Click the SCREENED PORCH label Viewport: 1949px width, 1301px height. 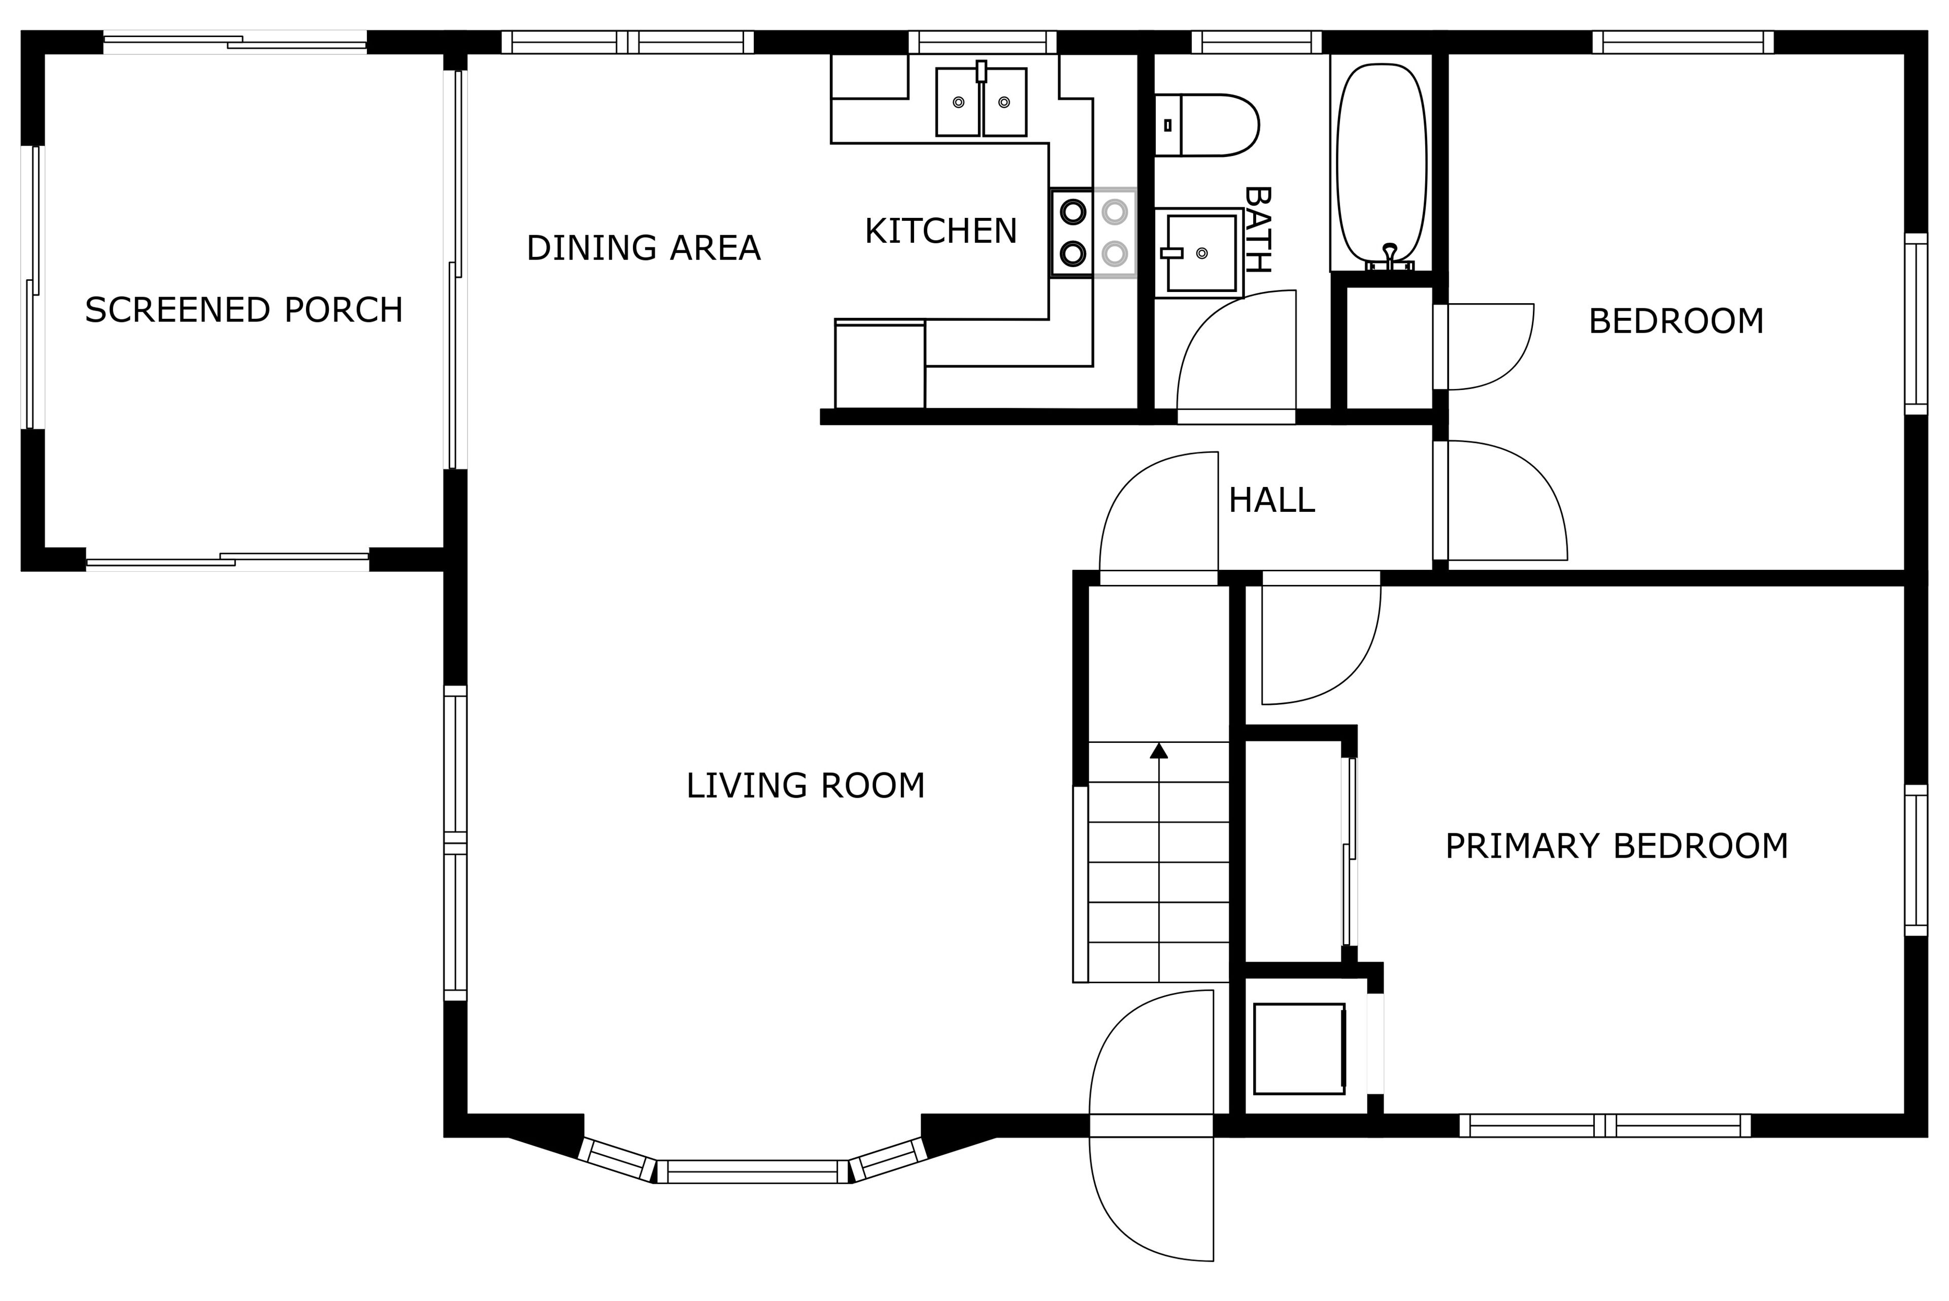pos(244,310)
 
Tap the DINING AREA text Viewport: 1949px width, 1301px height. pos(644,248)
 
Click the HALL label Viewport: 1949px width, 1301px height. pos(1271,500)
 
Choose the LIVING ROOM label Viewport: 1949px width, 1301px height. pos(805,786)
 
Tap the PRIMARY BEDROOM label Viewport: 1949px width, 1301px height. pos(1617,847)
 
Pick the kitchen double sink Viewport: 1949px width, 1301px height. pos(981,101)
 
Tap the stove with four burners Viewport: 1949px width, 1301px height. pos(1093,233)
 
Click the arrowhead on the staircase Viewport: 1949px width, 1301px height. pos(1159,751)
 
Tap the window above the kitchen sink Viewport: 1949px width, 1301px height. pos(983,42)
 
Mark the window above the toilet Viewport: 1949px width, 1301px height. pos(1257,42)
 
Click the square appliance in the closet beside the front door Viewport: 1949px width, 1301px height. pos(1299,1049)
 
